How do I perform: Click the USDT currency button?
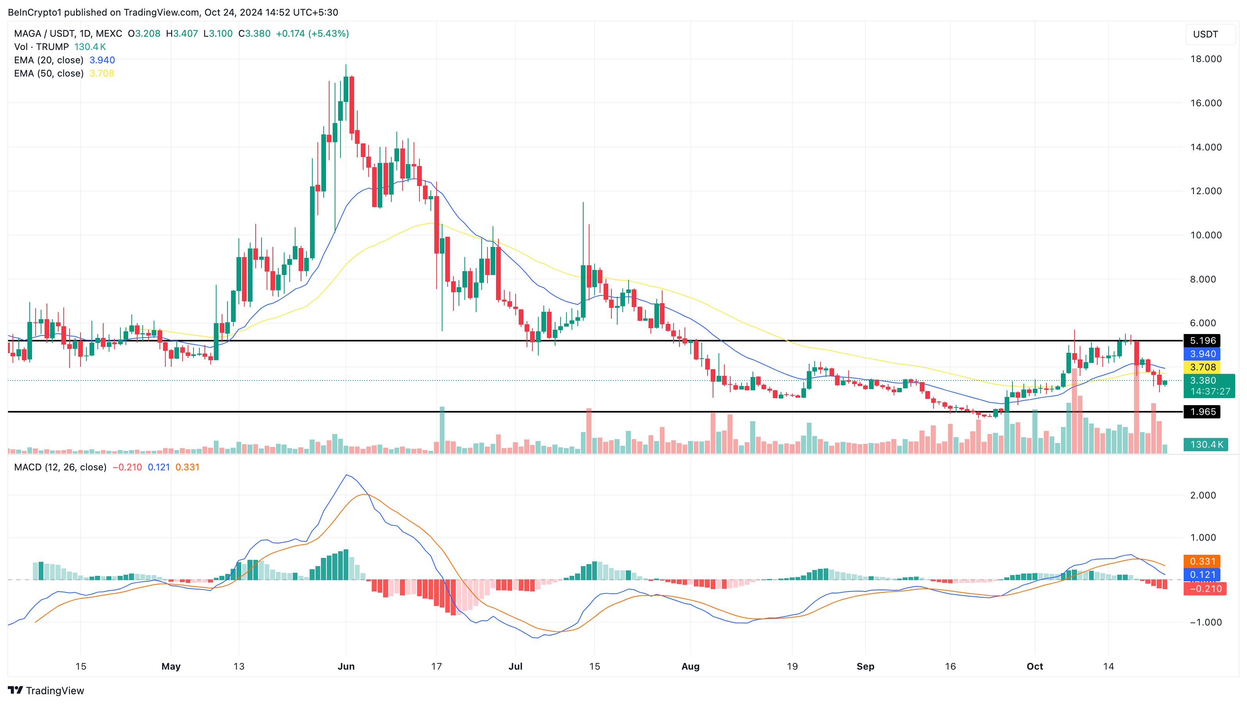click(x=1206, y=34)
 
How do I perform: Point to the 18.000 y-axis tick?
click(x=1206, y=59)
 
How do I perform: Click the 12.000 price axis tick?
click(x=1206, y=191)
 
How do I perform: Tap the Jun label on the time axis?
click(x=346, y=666)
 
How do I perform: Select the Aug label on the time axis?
click(x=690, y=666)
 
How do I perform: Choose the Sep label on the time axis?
click(x=865, y=666)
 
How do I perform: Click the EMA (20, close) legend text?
click(x=48, y=60)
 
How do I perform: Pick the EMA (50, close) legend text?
click(x=48, y=73)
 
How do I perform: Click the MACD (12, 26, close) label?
click(x=60, y=467)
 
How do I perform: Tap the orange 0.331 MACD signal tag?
click(x=1202, y=561)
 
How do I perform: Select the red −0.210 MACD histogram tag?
click(x=1204, y=589)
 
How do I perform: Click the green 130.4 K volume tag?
click(x=1206, y=444)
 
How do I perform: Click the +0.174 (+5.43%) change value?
click(x=312, y=33)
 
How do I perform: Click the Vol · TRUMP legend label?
click(x=41, y=47)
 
